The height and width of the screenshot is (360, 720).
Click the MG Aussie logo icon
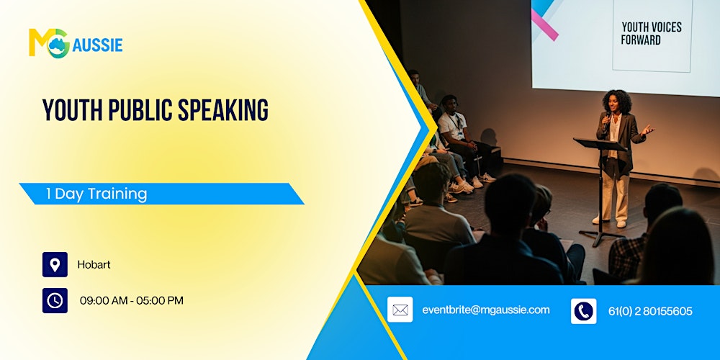[x=49, y=43]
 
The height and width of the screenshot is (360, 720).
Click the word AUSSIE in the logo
[x=97, y=45]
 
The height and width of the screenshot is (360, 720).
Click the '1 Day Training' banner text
[x=96, y=194]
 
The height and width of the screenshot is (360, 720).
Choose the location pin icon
[x=55, y=264]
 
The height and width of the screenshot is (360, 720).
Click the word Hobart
[x=94, y=265]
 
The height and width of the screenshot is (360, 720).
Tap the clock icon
[x=55, y=300]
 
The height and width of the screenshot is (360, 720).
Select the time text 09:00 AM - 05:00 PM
[x=131, y=300]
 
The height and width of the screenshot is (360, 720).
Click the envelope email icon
[x=400, y=310]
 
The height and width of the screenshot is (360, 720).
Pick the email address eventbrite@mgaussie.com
[x=485, y=310]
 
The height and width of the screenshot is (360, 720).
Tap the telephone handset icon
[x=583, y=311]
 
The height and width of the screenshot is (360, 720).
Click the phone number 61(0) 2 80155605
[x=650, y=311]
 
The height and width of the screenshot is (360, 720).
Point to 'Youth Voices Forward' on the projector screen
[x=651, y=33]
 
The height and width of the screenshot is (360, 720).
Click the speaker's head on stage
[x=617, y=101]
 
